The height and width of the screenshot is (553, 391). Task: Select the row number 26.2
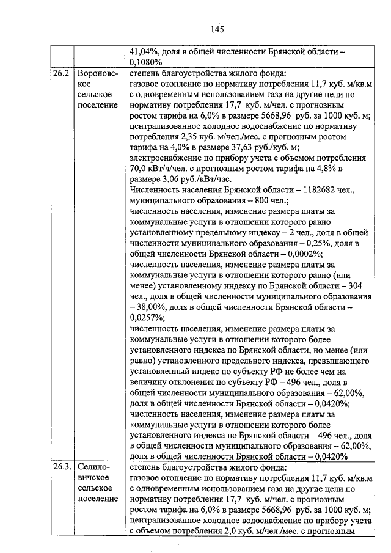[62, 74]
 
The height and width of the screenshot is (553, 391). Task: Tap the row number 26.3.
[63, 467]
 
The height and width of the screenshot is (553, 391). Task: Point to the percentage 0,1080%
[146, 63]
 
